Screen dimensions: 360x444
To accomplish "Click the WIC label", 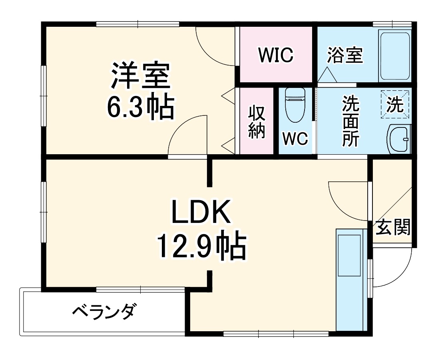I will point(276,55).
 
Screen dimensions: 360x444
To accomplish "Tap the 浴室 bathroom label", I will point(345,56).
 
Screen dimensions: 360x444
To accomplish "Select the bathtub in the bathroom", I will point(395,56).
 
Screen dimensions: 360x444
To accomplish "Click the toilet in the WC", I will point(295,105).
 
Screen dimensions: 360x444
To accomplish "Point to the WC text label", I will point(295,139).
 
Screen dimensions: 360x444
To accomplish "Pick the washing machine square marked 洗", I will point(395,104).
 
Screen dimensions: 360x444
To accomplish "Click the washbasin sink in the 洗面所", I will point(399,139).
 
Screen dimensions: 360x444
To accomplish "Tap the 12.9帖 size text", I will point(201,247).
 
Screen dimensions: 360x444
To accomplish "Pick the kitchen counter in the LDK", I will point(350,280).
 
